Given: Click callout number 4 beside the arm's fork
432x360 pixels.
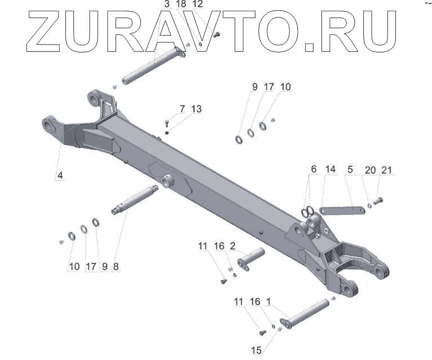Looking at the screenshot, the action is pos(59,175).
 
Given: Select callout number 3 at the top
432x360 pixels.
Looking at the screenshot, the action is pos(167,5).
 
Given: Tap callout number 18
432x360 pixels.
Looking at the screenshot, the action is pos(180,5).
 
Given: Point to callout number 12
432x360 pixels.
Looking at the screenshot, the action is pos(197,5).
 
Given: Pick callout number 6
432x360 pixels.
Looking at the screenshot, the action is pos(314,169).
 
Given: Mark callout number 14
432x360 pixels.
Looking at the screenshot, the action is pos(330,169).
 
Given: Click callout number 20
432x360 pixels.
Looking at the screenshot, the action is pos(370,170).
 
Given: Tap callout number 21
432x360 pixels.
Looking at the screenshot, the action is pos(386,170).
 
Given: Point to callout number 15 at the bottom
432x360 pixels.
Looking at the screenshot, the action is pos(256,351).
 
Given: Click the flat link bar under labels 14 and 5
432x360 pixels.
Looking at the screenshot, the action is pos(341,210).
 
